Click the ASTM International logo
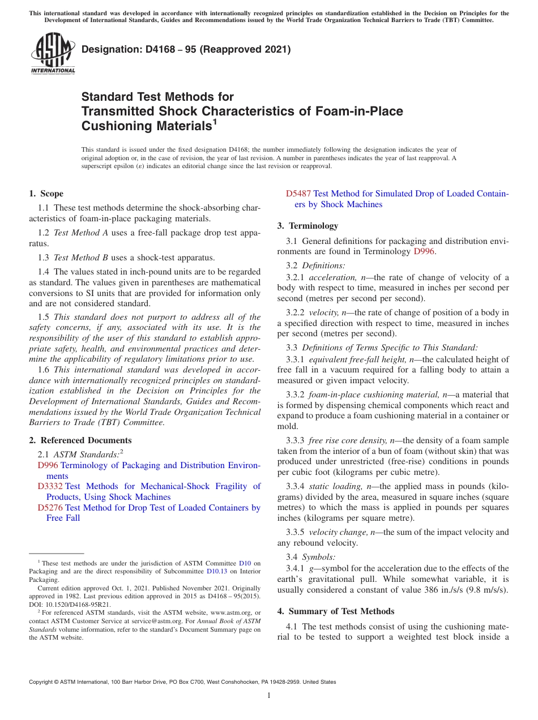coord(52,53)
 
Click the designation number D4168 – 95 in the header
coord(165,49)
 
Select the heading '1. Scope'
coord(46,194)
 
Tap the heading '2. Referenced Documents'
coord(80,440)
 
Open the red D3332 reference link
coord(50,486)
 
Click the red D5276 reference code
coord(50,508)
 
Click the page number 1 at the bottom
coord(269,695)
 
